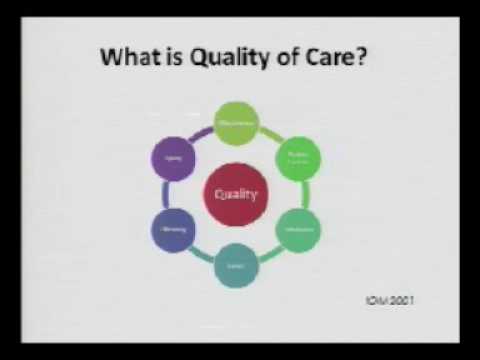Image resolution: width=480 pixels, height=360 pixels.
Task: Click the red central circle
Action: click(x=236, y=194)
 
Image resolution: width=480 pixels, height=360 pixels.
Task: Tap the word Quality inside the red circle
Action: click(x=236, y=194)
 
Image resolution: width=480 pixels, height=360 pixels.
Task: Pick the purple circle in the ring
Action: click(x=172, y=158)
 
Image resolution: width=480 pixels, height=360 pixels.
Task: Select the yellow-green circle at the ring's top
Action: click(x=236, y=123)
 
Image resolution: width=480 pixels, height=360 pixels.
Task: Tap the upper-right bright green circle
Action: click(x=297, y=158)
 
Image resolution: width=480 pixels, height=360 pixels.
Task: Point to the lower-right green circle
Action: click(x=297, y=230)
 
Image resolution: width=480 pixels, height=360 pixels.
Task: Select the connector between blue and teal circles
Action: click(x=201, y=253)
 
